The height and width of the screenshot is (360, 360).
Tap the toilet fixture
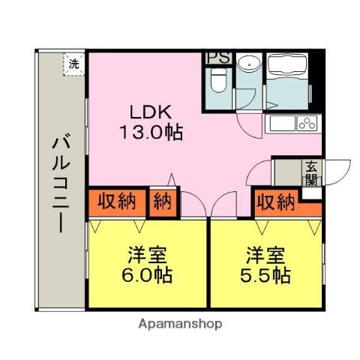(217, 80)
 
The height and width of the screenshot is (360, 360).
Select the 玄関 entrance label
(310, 174)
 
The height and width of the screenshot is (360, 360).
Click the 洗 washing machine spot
(73, 64)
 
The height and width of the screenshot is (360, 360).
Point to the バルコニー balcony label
(60, 183)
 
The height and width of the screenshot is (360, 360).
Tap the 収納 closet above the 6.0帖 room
(116, 202)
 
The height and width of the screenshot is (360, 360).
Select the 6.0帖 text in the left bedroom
(148, 274)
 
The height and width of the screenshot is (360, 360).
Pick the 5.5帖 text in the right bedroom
(266, 274)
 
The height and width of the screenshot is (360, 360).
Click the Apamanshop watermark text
(180, 324)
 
